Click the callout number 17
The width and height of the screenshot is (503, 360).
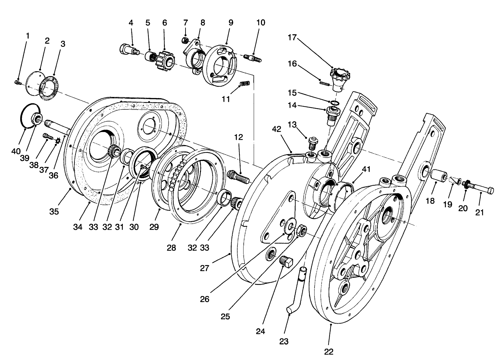292,38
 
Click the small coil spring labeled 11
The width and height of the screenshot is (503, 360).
244,84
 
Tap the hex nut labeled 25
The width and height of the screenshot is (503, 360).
301,231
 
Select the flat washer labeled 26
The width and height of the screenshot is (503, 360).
289,228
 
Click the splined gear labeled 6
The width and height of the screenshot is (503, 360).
164,61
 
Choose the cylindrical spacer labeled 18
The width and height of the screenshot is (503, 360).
437,176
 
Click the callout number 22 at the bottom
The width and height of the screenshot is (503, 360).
329,352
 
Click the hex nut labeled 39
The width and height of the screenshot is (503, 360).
37,119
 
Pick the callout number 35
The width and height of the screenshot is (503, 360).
54,211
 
